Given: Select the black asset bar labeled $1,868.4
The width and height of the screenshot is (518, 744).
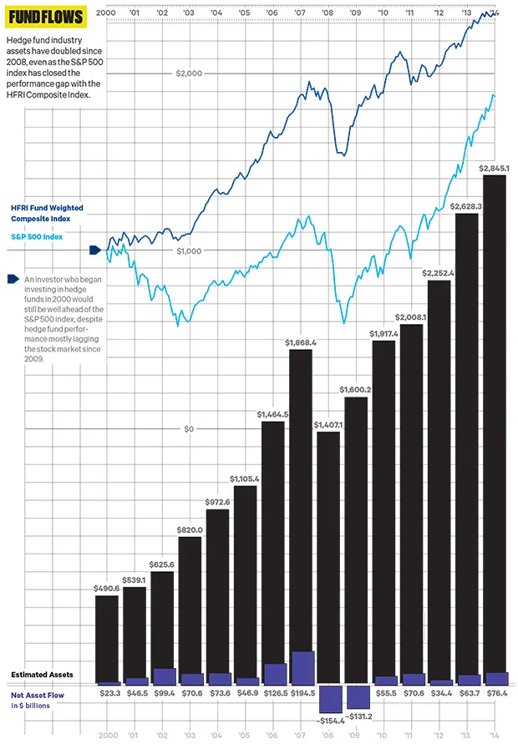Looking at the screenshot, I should pos(301,509).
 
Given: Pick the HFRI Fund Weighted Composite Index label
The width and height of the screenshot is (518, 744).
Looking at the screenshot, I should pos(47,213).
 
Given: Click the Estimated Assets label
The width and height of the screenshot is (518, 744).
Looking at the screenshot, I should pos(42,674).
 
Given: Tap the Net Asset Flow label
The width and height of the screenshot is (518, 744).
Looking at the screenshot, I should pos(38,694).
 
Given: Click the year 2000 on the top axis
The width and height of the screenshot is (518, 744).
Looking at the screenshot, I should pos(105,13).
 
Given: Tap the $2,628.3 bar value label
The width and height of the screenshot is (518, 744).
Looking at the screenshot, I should pos(466,205).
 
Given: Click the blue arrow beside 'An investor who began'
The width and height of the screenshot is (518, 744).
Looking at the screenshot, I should pos(13,279).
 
